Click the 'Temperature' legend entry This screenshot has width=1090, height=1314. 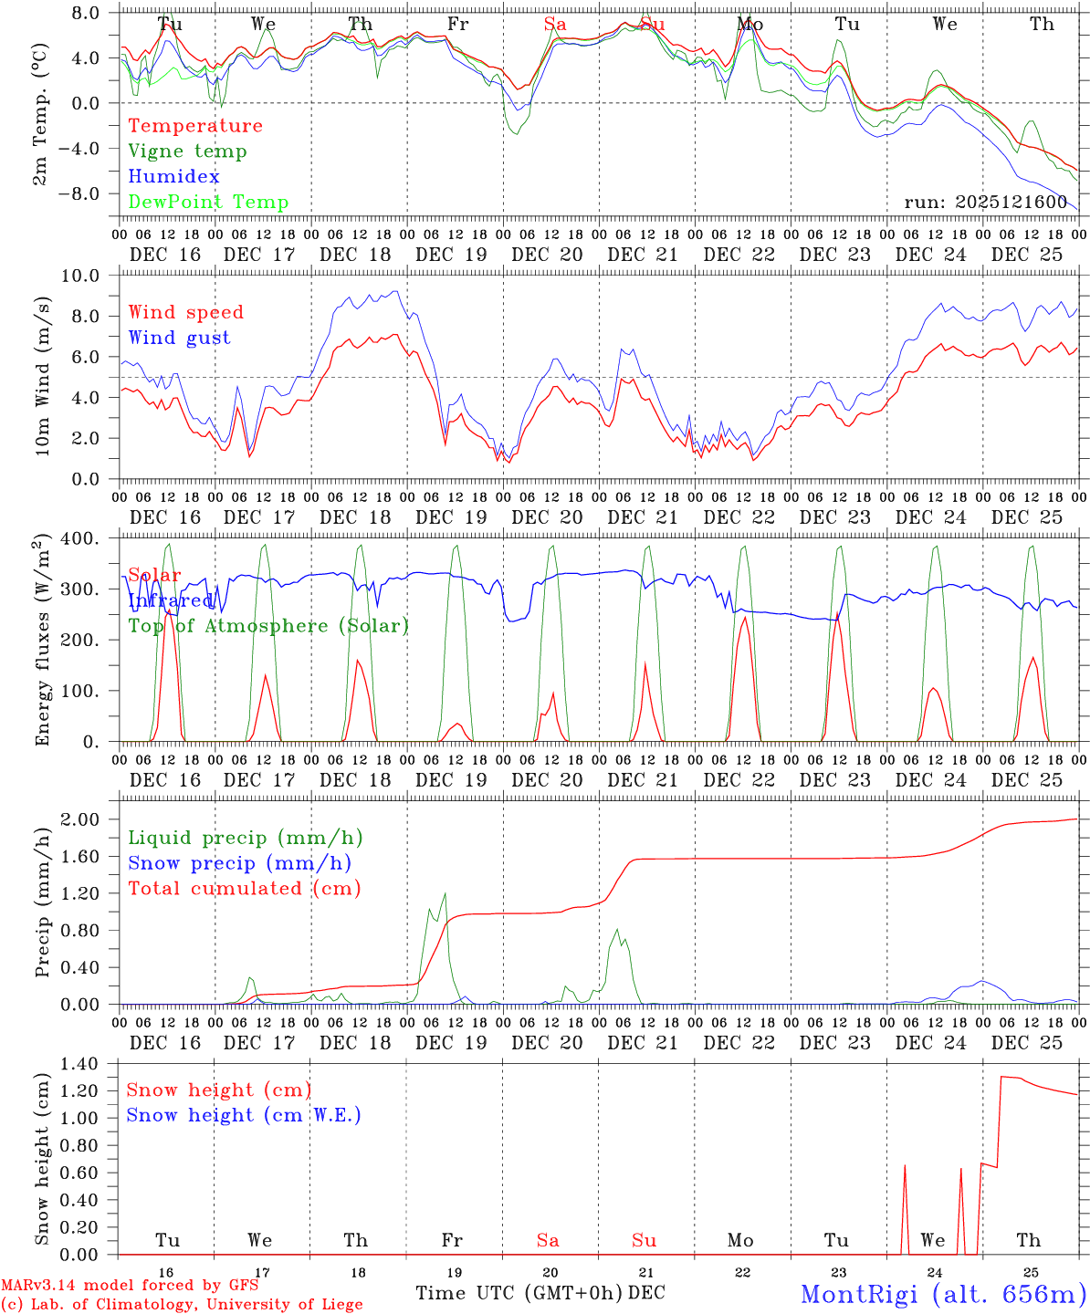(x=195, y=126)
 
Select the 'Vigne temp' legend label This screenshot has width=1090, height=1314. (x=187, y=151)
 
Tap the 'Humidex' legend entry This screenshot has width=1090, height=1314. (x=173, y=177)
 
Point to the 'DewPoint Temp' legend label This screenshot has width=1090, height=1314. (x=208, y=203)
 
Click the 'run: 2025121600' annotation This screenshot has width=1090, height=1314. (x=985, y=203)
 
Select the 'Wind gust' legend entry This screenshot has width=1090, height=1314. (x=179, y=338)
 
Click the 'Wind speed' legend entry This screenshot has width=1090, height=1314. (x=186, y=312)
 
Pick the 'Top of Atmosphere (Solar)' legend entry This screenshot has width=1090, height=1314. (x=268, y=626)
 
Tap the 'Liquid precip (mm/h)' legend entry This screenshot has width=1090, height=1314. (x=246, y=838)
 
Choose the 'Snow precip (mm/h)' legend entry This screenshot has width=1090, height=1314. (x=239, y=863)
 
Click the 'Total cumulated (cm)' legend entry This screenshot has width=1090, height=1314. (x=245, y=889)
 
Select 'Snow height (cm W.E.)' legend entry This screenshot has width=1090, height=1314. (x=244, y=1115)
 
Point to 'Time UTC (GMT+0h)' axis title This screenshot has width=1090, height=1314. (x=519, y=1293)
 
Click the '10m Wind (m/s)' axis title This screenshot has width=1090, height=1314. (x=43, y=377)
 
